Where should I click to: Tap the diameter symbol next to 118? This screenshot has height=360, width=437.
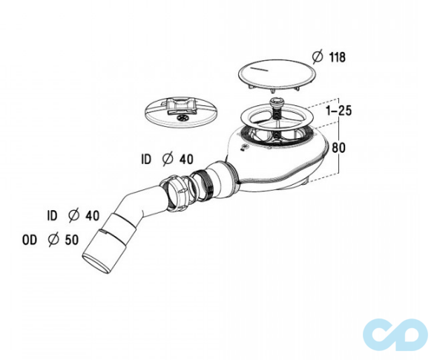point(316,56)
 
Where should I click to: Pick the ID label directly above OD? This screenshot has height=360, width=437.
point(52,215)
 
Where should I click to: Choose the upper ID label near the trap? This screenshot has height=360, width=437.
point(147,158)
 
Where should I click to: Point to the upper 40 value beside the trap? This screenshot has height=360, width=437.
point(186,158)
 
